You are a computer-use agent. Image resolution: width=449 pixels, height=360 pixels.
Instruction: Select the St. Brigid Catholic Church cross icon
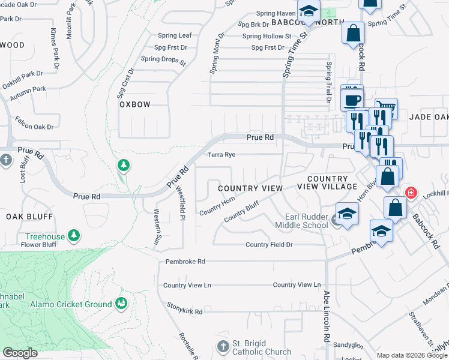coord(223,347)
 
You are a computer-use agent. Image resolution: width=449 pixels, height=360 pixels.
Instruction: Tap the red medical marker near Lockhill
coord(411,193)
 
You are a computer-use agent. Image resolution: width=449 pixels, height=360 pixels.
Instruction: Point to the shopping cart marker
coord(386,108)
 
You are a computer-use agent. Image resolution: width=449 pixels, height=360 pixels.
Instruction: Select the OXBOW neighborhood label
coord(134,104)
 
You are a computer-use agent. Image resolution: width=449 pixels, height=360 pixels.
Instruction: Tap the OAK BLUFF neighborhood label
coord(29,216)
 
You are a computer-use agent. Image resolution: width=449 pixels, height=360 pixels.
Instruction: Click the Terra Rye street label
coord(221,155)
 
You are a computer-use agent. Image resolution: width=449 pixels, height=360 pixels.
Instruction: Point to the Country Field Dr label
coord(269,245)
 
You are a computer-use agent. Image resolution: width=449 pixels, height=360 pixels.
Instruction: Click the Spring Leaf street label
coord(175,35)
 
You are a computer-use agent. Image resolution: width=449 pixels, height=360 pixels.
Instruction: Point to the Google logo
coord(20,352)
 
